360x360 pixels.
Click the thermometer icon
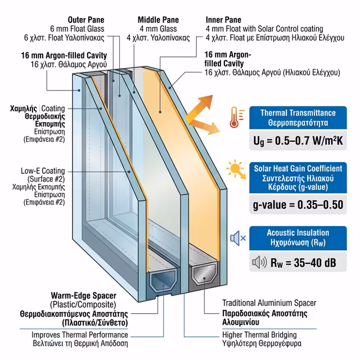(x=235, y=118)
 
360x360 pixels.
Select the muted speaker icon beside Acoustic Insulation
(x=237, y=238)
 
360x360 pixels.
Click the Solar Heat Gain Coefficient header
(x=298, y=168)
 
